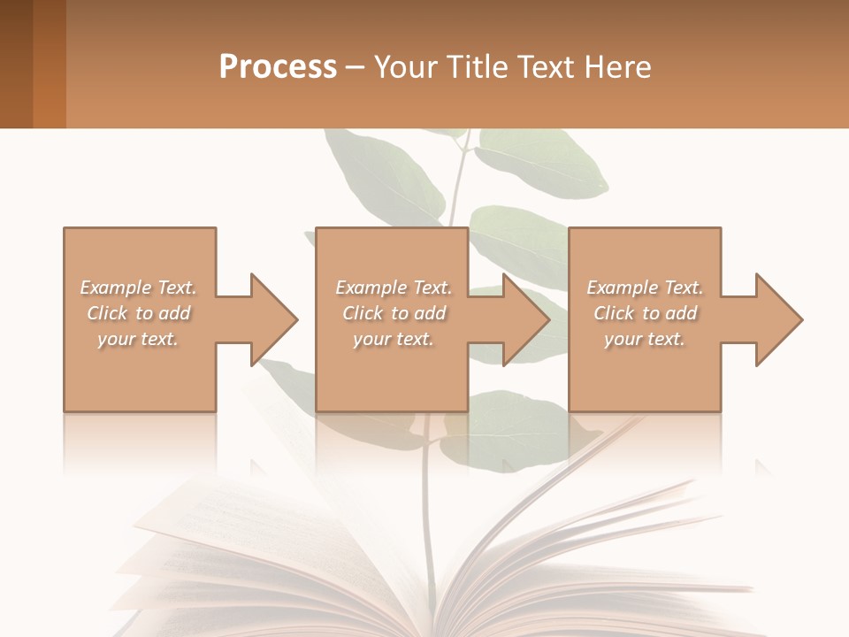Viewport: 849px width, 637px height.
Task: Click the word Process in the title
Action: click(x=278, y=67)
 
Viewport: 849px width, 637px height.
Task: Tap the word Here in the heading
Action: click(x=617, y=67)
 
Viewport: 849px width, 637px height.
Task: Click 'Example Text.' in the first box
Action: click(x=138, y=288)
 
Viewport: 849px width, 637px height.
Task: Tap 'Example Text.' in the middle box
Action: click(x=394, y=288)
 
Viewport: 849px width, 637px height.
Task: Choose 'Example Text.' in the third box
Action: click(x=645, y=288)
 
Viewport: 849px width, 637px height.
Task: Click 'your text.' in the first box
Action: click(x=138, y=339)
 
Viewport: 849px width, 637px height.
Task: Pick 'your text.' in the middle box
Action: click(x=394, y=339)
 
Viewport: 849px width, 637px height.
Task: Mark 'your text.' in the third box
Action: click(x=645, y=339)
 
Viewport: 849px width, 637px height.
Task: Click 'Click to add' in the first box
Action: click(x=139, y=313)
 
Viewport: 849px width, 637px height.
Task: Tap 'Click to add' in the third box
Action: click(x=646, y=313)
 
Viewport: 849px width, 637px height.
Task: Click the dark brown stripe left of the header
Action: click(x=16, y=64)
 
